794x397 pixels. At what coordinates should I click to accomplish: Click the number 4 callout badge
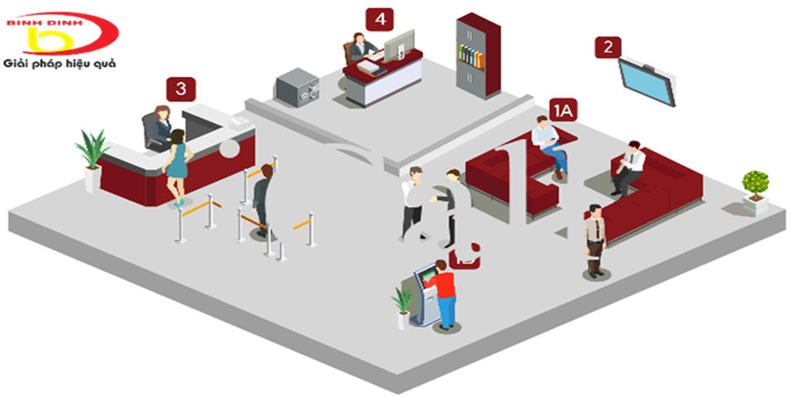click(380, 20)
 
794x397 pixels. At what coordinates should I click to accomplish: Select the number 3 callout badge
click(181, 89)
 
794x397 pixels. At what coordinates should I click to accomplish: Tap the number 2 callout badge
click(608, 47)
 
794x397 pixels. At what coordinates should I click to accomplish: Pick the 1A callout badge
click(563, 110)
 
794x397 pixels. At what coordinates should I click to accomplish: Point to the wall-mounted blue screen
click(648, 81)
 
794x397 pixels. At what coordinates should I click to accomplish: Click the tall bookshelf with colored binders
click(478, 55)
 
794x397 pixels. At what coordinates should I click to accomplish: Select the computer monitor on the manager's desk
click(399, 45)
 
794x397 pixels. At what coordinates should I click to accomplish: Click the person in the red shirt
click(445, 294)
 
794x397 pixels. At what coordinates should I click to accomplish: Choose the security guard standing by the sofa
click(595, 240)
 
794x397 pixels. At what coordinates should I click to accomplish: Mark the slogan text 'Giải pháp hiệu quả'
click(60, 64)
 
